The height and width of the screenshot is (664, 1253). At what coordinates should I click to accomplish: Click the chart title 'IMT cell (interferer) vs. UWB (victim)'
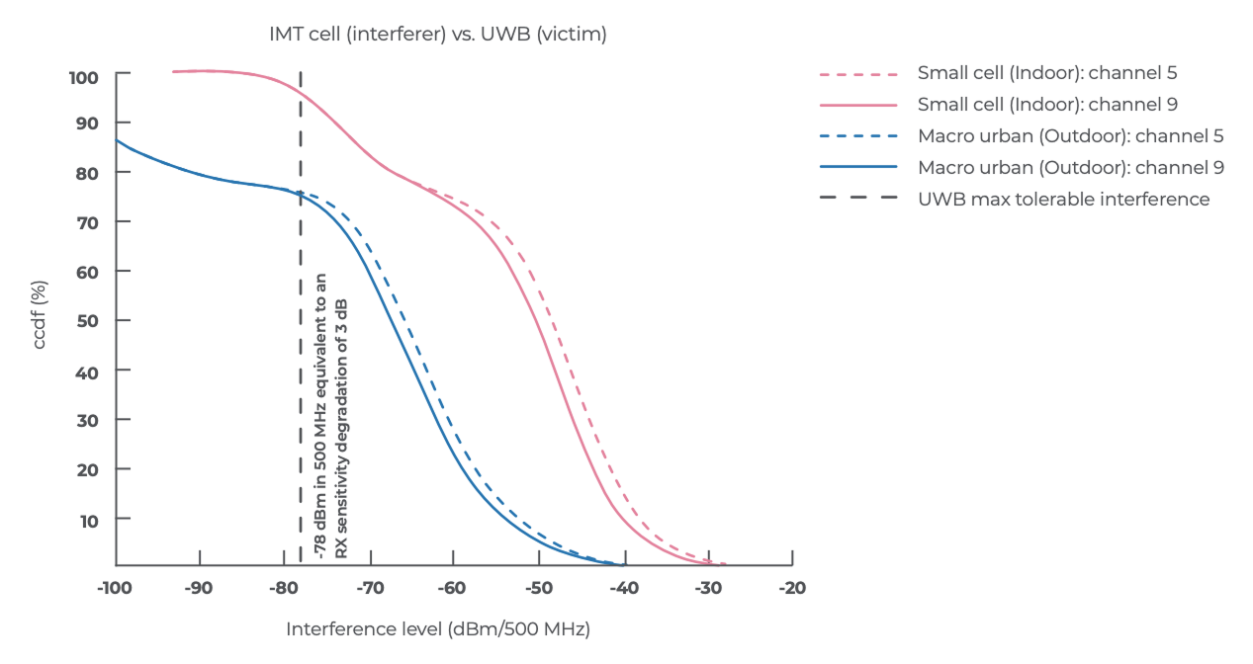point(437,35)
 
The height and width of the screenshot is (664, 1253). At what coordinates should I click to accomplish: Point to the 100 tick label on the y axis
point(84,76)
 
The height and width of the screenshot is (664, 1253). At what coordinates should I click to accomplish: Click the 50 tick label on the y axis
point(87,321)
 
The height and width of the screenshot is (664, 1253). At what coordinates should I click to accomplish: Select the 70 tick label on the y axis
point(87,222)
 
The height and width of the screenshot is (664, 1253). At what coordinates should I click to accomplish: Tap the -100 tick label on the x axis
point(116,588)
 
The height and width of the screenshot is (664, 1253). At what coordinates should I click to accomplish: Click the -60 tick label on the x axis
point(453,588)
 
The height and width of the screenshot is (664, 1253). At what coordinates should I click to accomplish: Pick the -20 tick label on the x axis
point(791,588)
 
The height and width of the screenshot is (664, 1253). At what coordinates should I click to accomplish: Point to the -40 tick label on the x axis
point(622,588)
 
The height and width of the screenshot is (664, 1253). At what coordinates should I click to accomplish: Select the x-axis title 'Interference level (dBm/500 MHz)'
point(437,629)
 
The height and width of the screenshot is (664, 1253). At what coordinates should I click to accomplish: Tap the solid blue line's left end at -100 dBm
point(117,140)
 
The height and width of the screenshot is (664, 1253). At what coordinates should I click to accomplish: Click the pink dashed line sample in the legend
point(857,74)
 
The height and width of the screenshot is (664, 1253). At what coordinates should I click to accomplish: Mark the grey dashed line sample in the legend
point(857,200)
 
